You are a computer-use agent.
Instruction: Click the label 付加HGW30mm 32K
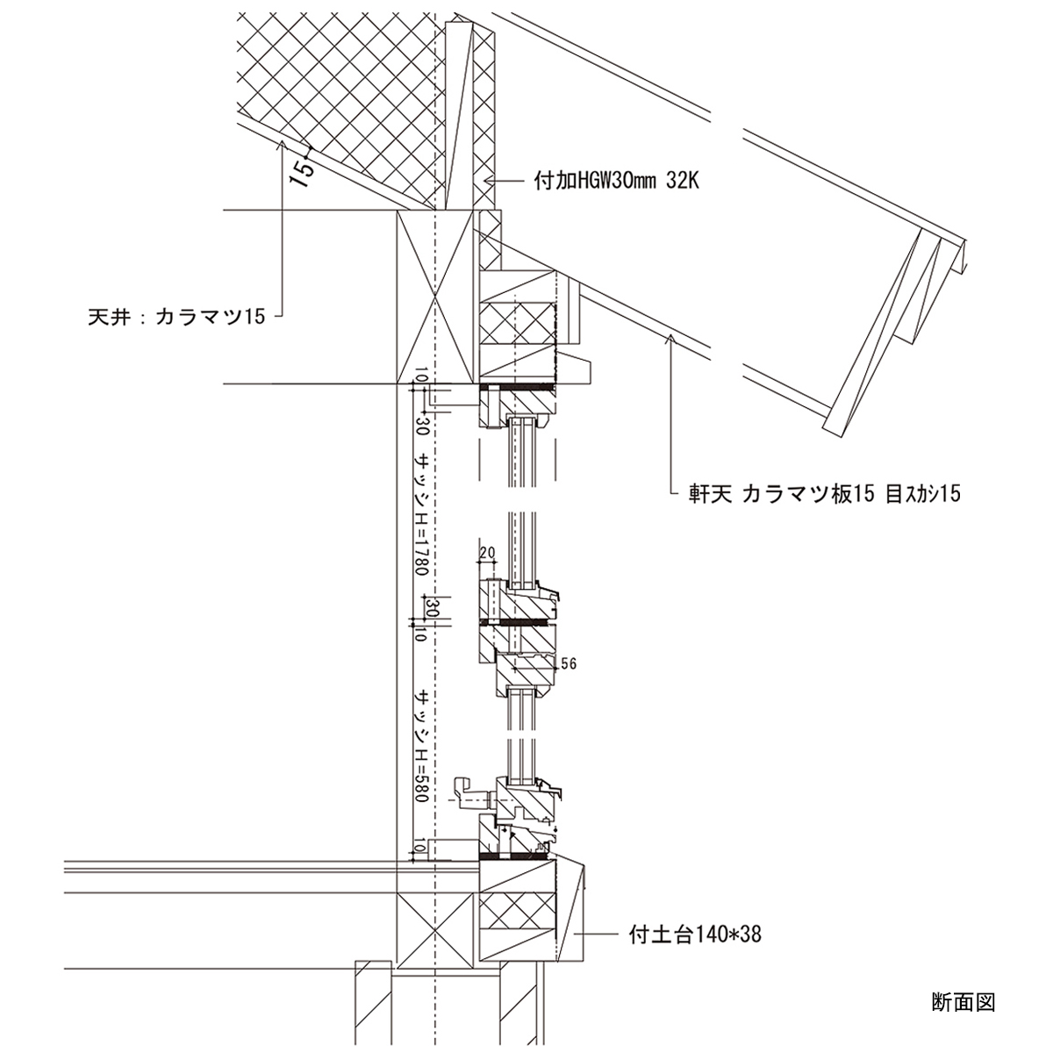point(615,182)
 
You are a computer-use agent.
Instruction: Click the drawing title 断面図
point(963,1001)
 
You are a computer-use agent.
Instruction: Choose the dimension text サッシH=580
point(422,746)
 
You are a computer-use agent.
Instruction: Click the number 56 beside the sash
point(568,664)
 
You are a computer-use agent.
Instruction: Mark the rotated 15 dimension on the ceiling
point(301,171)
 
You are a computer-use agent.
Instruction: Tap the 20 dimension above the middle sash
point(488,552)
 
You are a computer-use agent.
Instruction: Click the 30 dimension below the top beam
point(422,427)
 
